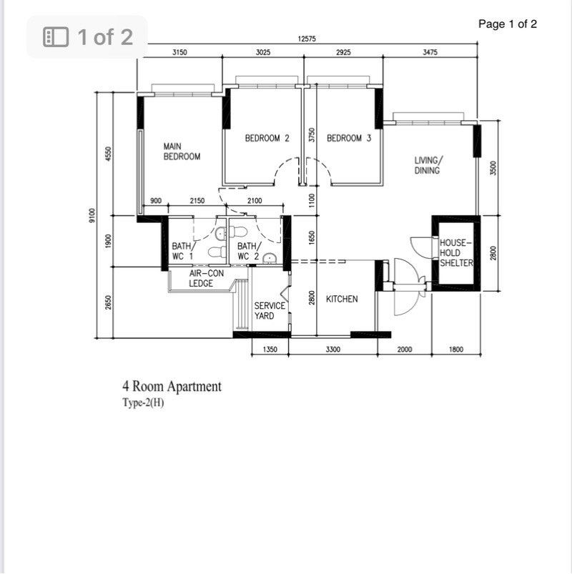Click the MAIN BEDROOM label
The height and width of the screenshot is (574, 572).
click(182, 152)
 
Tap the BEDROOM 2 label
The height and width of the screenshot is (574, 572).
click(267, 139)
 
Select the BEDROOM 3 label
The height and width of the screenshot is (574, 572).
click(349, 139)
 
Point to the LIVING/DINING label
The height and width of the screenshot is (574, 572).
click(428, 166)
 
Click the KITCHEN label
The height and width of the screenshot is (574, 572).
click(342, 299)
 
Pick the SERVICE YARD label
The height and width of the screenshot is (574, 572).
click(270, 311)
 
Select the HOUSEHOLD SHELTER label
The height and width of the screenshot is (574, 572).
click(456, 253)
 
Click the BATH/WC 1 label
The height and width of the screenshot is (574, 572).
click(182, 251)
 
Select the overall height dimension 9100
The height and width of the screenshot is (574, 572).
click(92, 215)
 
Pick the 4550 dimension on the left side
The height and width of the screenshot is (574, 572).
click(108, 154)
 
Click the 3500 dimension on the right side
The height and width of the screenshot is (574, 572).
click(493, 169)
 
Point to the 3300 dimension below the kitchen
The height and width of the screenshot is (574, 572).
click(332, 350)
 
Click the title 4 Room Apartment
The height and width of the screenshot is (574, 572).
click(172, 387)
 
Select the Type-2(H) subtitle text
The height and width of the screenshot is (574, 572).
click(143, 402)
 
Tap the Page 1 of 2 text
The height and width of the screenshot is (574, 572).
click(508, 24)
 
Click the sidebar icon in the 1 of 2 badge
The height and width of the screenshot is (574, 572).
click(56, 37)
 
